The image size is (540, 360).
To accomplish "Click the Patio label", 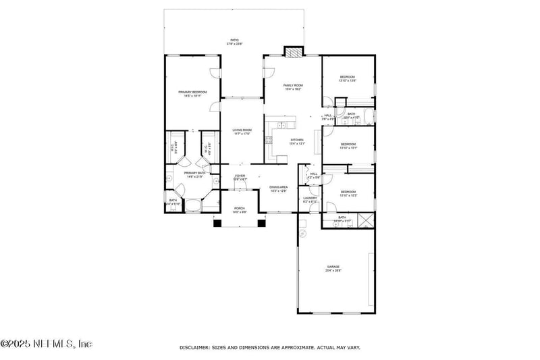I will [234, 42].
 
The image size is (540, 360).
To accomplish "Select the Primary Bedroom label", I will [192, 93].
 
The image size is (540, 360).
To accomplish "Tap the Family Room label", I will [292, 86].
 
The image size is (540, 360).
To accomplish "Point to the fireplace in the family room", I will [293, 52].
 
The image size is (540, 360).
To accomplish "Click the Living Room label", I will [242, 131].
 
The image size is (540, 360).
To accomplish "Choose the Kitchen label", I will [297, 141].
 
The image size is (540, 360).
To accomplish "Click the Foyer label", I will [240, 177].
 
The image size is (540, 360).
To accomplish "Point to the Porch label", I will [240, 210].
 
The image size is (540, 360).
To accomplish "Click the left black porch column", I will [217, 223].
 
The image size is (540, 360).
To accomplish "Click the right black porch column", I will [263, 223].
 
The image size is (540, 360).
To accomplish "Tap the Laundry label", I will [310, 199].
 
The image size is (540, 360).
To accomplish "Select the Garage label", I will [334, 268].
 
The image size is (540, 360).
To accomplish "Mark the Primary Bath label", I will [195, 174].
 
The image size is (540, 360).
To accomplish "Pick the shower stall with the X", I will [365, 219].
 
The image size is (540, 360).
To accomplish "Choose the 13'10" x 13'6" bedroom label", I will [348, 79].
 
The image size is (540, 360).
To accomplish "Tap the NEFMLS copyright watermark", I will [46, 344].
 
